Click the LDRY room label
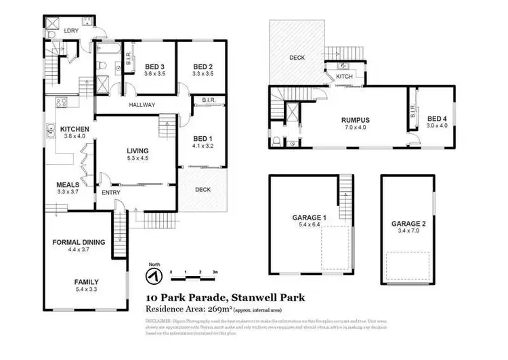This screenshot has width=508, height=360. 70,31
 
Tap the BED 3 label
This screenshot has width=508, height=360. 156,66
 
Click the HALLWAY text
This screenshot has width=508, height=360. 142,105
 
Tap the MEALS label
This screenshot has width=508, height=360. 68,184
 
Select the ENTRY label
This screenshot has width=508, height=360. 111,193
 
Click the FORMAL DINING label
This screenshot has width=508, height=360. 79,242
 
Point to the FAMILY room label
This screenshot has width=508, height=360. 86,282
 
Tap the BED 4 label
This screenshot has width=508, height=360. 436,118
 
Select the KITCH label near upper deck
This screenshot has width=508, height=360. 345,77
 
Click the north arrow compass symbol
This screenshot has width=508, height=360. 154,275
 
